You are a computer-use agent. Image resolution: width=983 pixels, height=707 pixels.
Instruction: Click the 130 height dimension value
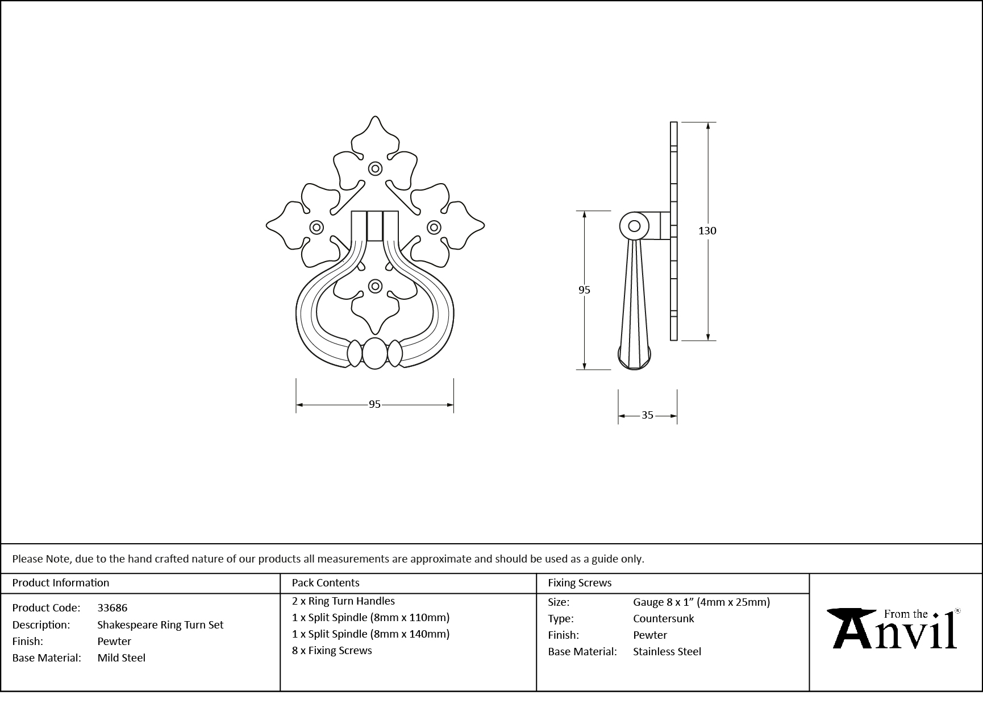[x=707, y=230]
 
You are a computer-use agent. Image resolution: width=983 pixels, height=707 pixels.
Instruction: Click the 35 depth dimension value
[x=647, y=415]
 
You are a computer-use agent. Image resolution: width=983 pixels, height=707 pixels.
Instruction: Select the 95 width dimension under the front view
[x=374, y=404]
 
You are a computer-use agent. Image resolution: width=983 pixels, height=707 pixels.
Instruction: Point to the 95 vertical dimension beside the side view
[x=584, y=290]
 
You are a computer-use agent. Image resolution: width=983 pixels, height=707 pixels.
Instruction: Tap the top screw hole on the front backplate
[x=375, y=168]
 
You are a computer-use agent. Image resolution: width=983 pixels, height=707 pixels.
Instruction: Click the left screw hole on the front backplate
[x=316, y=228]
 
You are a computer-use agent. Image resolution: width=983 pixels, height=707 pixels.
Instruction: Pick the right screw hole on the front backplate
[x=434, y=228]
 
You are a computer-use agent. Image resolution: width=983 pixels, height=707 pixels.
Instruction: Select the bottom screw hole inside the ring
[x=375, y=286]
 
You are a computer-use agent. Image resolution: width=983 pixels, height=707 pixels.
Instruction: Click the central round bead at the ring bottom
[x=374, y=353]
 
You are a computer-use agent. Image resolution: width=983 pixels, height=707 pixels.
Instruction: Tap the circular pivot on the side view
[x=634, y=226]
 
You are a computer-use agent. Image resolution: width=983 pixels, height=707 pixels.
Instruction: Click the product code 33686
[x=113, y=608]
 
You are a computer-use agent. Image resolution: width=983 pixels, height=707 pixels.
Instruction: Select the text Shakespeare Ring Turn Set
[x=160, y=625]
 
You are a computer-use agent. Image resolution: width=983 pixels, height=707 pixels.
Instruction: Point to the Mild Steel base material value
[x=121, y=658]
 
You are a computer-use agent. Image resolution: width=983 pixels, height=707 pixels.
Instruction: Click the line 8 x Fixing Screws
[x=332, y=650]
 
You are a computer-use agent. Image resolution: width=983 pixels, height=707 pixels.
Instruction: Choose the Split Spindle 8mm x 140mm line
[x=370, y=634]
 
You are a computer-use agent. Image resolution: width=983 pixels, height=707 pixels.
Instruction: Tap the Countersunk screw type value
[x=663, y=618]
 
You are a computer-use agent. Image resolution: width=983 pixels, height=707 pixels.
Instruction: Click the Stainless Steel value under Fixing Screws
[x=667, y=651]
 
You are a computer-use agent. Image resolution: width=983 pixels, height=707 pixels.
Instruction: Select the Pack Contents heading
[x=326, y=582]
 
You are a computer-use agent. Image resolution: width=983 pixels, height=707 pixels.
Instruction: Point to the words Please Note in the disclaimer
[x=41, y=559]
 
